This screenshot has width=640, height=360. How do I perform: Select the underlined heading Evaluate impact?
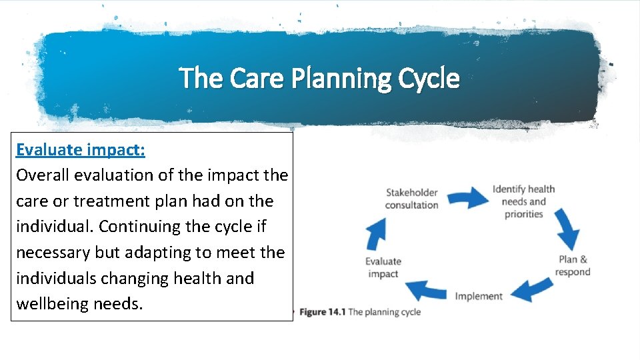(81, 149)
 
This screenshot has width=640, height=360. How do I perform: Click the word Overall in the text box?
(43, 175)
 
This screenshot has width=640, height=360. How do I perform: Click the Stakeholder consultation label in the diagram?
(411, 199)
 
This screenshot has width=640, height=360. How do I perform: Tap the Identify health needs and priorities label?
(524, 201)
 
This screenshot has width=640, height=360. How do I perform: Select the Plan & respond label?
(573, 265)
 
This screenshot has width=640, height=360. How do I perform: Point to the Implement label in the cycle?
(479, 296)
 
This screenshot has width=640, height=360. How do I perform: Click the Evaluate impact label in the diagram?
(383, 267)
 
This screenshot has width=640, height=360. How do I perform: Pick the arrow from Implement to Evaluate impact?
(426, 290)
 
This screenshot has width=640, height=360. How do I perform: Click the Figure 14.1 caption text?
(360, 312)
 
